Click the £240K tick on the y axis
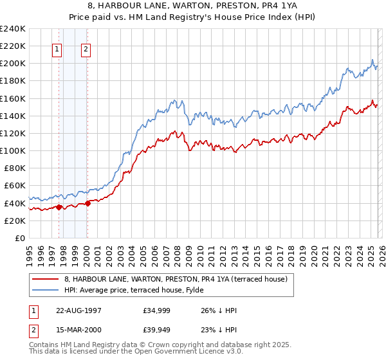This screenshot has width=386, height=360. coord(13,29)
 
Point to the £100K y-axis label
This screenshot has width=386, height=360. coord(13,150)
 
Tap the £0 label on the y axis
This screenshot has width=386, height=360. coord(19,238)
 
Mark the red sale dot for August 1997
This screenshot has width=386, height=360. coord(59,207)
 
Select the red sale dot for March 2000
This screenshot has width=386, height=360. coord(87,203)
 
